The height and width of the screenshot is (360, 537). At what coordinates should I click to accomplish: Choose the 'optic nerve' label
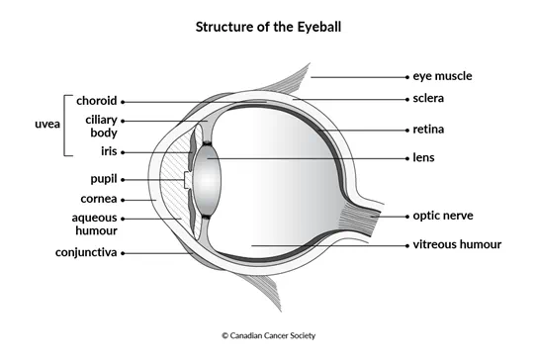pyautogui.click(x=446, y=216)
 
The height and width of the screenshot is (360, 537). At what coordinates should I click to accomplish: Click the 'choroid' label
pyautogui.click(x=97, y=101)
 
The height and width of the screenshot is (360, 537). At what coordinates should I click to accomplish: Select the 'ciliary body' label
pyautogui.click(x=102, y=126)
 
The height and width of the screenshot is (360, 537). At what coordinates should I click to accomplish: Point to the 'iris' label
pyautogui.click(x=108, y=152)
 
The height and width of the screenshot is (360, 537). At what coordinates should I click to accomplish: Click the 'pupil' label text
pyautogui.click(x=102, y=179)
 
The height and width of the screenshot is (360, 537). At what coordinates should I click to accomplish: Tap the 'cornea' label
pyautogui.click(x=99, y=199)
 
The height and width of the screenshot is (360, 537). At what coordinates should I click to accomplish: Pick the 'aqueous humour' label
pyautogui.click(x=95, y=224)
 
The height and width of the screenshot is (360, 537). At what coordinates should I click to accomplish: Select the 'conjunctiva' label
pyautogui.click(x=86, y=252)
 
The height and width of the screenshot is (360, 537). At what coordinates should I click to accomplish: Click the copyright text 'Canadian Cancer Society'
pyautogui.click(x=268, y=336)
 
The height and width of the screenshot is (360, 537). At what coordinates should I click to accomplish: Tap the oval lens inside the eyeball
pyautogui.click(x=207, y=179)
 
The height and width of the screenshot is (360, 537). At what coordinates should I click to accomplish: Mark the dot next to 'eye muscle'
pyautogui.click(x=407, y=75)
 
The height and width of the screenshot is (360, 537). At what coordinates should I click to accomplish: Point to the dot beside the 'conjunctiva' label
pyautogui.click(x=124, y=252)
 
